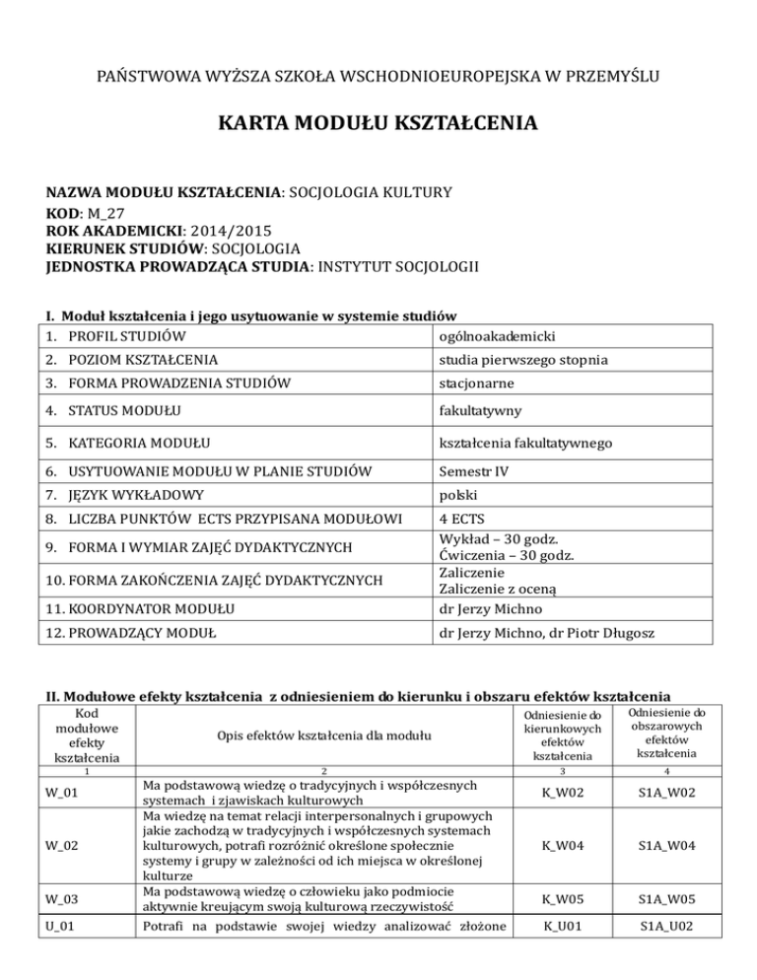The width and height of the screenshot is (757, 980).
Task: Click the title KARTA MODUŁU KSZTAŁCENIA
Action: (378, 124)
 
